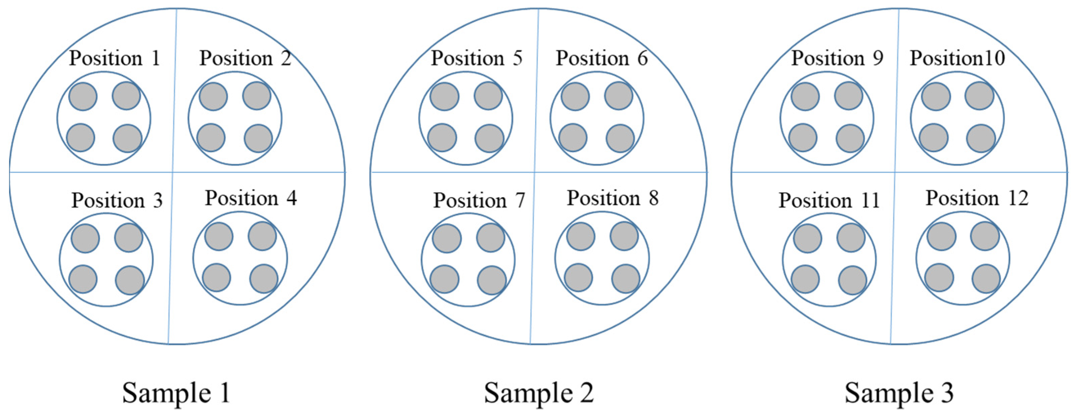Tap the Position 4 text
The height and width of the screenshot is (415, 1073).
[251, 198]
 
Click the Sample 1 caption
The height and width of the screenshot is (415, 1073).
[176, 393]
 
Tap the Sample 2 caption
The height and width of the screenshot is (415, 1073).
[539, 393]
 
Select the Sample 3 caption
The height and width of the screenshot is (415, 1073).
[899, 393]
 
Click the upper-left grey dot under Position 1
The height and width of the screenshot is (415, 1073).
[83, 96]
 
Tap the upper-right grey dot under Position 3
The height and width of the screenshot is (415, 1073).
[129, 238]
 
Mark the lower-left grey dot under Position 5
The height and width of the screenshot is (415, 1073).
[442, 137]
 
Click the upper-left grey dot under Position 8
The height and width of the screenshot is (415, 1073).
[581, 236]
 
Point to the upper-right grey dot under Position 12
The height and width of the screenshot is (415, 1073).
[985, 236]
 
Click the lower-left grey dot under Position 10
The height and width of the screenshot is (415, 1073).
[934, 137]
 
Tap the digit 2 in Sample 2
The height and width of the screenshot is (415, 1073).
[587, 393]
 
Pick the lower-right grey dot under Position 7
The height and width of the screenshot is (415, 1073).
[492, 280]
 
